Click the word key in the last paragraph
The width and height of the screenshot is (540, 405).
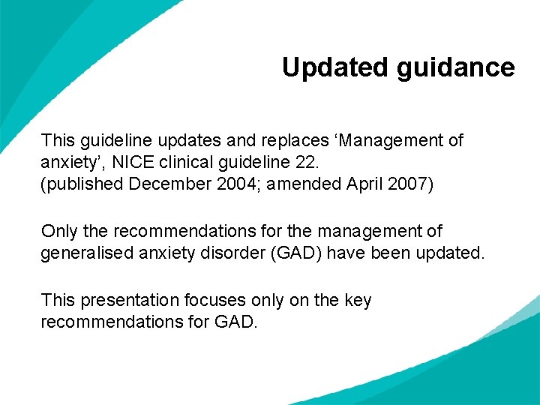(357, 300)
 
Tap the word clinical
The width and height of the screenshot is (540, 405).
(184, 162)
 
